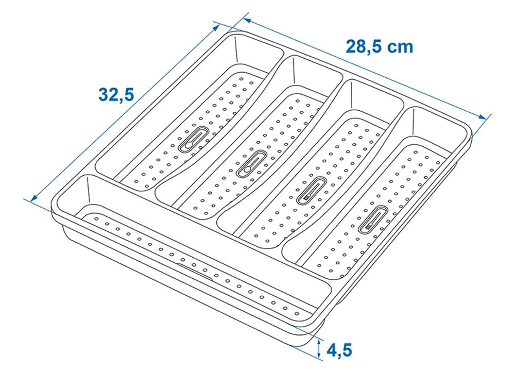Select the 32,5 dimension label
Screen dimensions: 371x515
click(x=116, y=94)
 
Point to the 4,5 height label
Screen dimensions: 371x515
click(x=339, y=350)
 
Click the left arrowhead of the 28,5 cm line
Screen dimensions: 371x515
click(x=247, y=21)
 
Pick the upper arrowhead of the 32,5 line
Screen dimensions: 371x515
click(x=217, y=27)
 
